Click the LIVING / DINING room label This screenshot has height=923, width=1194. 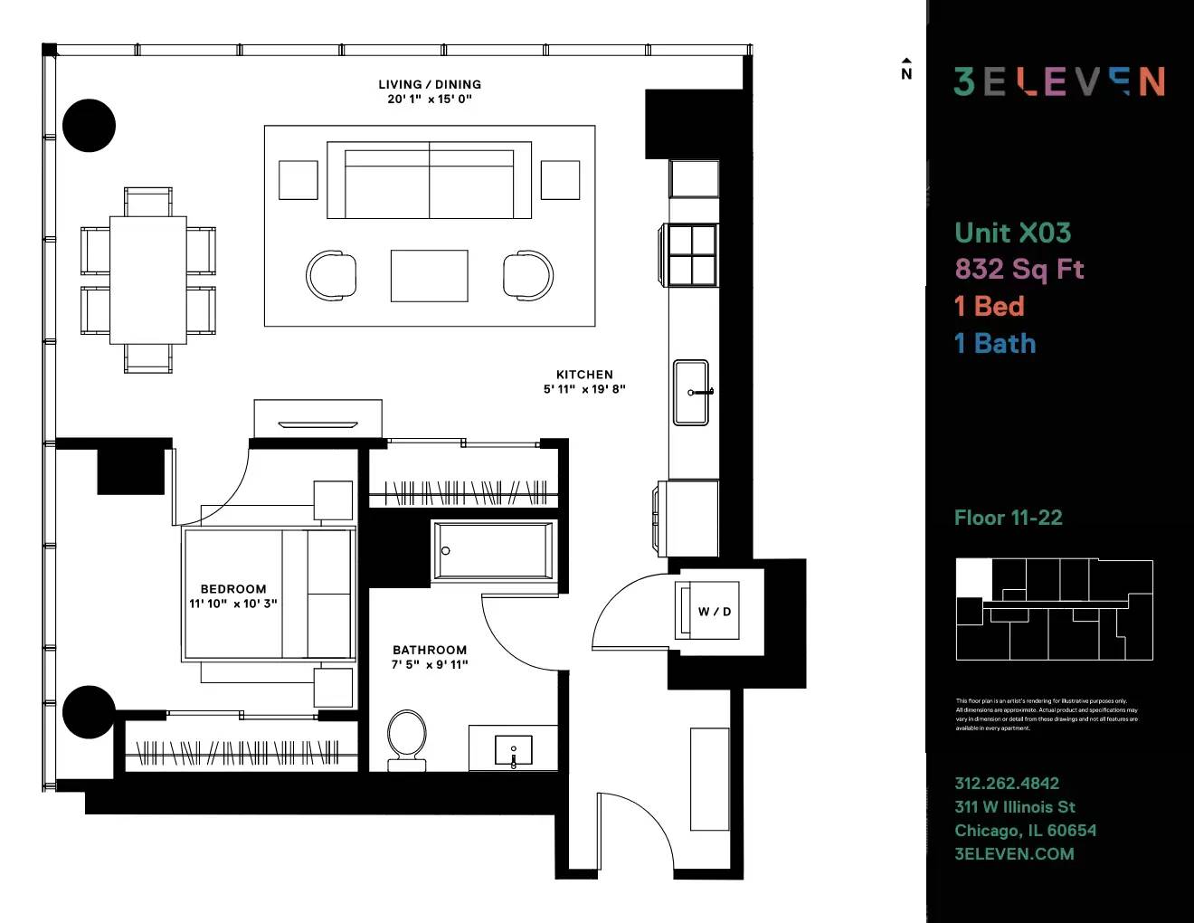tap(430, 84)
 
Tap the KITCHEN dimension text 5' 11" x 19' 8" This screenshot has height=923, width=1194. tap(584, 389)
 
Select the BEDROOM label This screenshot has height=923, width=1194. tap(233, 588)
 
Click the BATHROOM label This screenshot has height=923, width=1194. tap(430, 650)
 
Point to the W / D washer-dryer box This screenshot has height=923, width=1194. tap(714, 611)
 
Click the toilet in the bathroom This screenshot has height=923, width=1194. tap(407, 737)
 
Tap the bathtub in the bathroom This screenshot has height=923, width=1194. tap(493, 550)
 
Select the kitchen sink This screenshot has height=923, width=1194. tap(691, 392)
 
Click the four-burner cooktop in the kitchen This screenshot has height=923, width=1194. tap(692, 255)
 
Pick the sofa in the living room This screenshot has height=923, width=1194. tap(430, 181)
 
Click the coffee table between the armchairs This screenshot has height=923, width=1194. tap(430, 275)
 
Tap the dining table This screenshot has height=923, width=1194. tap(148, 280)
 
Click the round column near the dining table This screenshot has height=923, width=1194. tap(90, 125)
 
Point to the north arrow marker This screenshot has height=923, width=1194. tap(906, 70)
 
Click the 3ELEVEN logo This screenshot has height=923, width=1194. tap(1059, 81)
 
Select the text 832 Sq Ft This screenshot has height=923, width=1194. tap(1019, 269)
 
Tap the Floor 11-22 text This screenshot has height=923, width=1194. tap(1008, 518)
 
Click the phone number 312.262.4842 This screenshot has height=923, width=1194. tap(1007, 783)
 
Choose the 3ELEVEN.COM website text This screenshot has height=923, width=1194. tap(1014, 853)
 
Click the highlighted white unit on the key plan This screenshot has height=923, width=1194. tap(973, 577)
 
